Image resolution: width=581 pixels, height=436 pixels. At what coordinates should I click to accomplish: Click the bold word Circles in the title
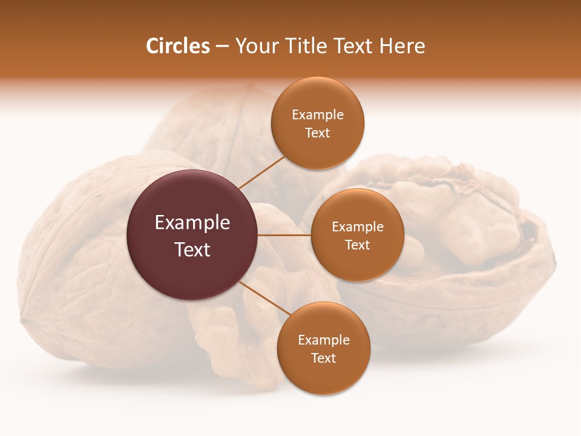[x=178, y=46]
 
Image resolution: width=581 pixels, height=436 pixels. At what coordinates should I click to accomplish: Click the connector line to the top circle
[x=261, y=171]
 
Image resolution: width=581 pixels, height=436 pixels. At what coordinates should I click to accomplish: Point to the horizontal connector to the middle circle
[x=284, y=235]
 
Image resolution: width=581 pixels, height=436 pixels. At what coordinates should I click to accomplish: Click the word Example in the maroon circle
[x=192, y=223]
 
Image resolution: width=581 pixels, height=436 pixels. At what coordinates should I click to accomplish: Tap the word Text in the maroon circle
[x=192, y=249]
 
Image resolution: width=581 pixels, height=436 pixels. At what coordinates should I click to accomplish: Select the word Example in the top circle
[x=317, y=115]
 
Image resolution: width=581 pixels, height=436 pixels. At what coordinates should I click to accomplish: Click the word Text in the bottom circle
[x=323, y=358]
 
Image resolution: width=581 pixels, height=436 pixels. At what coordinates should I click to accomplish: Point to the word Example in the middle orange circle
[x=357, y=227]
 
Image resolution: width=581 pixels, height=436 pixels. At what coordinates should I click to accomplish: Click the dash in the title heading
[x=222, y=46]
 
